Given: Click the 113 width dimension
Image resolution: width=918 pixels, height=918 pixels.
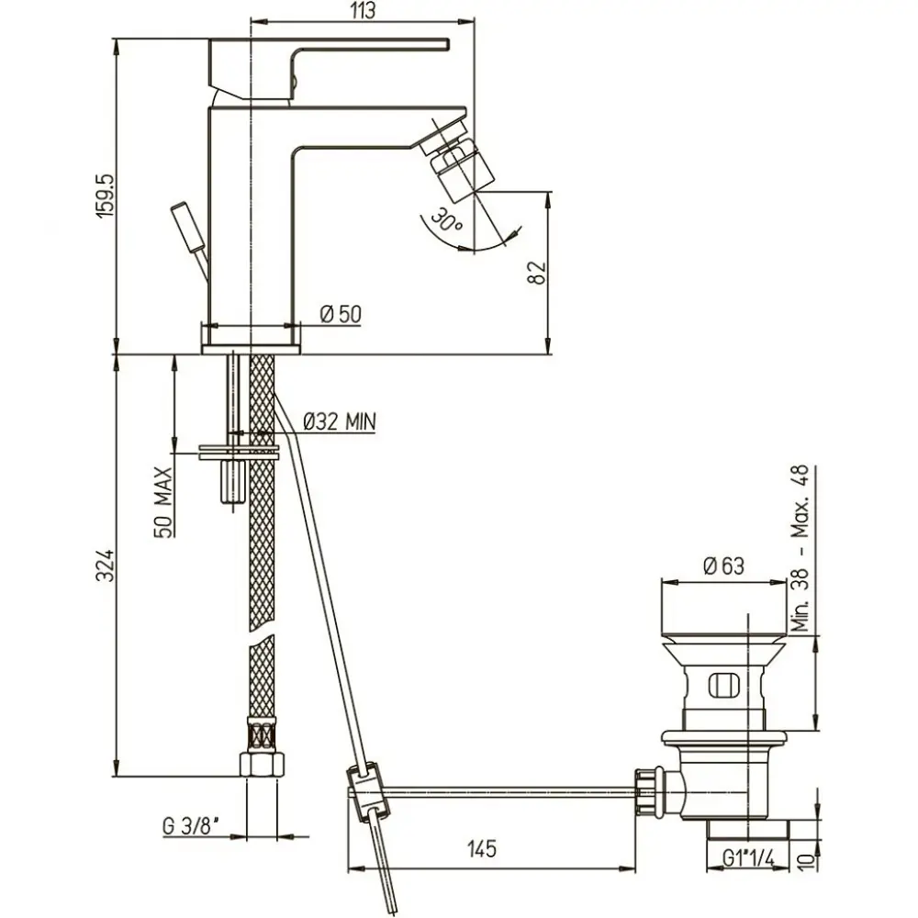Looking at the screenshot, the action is coord(364,11).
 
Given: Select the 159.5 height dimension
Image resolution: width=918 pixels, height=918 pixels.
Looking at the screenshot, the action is coord(107,196).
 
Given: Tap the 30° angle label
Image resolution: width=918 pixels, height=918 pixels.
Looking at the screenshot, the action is coord(446,220).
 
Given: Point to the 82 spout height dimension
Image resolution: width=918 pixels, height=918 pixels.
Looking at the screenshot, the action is coord(537,273).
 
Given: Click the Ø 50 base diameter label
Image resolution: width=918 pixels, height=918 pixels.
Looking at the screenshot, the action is coord(341,314).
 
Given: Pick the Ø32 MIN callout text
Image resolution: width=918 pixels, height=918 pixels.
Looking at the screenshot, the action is coord(340,421).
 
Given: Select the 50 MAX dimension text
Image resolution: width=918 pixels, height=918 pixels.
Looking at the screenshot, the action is coord(164,502).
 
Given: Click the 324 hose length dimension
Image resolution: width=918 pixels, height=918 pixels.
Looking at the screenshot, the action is coord(106,565).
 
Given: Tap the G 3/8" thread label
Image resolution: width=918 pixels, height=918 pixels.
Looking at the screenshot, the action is coord(191,827).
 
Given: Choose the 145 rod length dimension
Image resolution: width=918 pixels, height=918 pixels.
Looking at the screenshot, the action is coord(482,848).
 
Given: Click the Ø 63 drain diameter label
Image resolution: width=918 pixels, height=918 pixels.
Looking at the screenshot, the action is coord(723,566).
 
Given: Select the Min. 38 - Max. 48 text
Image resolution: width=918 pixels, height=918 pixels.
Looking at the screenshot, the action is coord(800,548).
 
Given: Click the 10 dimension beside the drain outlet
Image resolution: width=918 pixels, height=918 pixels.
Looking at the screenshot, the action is coord(806,861).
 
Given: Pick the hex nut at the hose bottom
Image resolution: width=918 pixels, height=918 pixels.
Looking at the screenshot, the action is coord(262,764).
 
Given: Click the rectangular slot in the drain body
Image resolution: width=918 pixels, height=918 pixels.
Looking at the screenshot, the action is coord(724,686).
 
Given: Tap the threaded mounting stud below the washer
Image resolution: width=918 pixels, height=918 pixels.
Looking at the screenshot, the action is coord(232,481).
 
